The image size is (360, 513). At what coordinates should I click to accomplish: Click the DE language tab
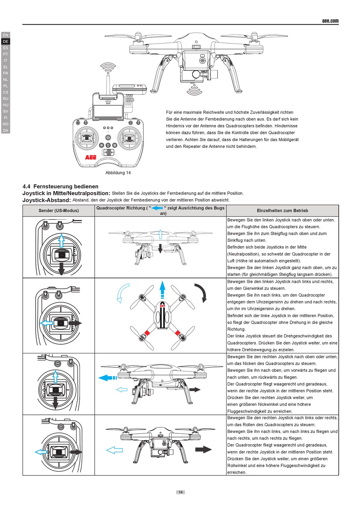pyautogui.click(x=5, y=41)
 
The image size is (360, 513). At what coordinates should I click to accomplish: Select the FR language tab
pyautogui.click(x=5, y=73)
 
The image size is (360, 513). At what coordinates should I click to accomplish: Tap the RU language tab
pyautogui.click(x=5, y=99)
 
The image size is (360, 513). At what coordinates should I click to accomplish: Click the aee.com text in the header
pyautogui.click(x=330, y=21)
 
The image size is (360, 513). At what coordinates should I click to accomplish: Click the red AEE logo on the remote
pyautogui.click(x=91, y=157)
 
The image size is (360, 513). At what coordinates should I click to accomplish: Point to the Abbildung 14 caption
pyautogui.click(x=118, y=173)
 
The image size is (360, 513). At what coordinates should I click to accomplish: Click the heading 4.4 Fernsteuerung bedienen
pyautogui.click(x=60, y=187)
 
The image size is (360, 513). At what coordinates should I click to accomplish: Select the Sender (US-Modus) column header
pyautogui.click(x=58, y=211)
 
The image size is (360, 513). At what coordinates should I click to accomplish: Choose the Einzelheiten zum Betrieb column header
pyautogui.click(x=282, y=211)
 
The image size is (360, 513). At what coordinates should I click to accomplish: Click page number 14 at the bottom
pyautogui.click(x=180, y=492)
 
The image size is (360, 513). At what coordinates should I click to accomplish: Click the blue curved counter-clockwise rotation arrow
pyautogui.click(x=122, y=293)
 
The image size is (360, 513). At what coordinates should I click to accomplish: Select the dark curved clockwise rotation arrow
pyautogui.click(x=202, y=292)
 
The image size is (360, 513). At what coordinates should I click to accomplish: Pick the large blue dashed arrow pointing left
pyautogui.click(x=108, y=378)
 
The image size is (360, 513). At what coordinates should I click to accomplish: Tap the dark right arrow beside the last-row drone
pyautogui.click(x=203, y=450)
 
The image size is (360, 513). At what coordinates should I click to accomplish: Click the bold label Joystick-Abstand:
pyautogui.click(x=47, y=200)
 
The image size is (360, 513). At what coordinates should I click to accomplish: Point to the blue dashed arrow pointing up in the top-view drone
pyautogui.click(x=163, y=290)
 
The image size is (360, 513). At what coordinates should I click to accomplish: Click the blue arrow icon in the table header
pyautogui.click(x=157, y=208)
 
